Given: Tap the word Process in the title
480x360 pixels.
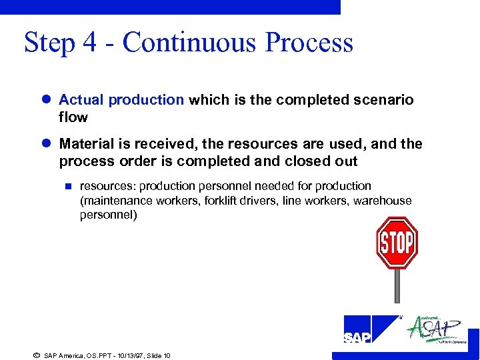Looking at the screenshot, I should click(x=309, y=43).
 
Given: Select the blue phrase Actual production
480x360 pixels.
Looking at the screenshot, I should click(x=121, y=100).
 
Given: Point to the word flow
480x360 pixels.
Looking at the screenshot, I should click(x=73, y=117).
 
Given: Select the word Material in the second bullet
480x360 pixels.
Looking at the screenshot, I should click(x=85, y=144).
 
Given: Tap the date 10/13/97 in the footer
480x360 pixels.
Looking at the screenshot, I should click(x=115, y=355).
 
